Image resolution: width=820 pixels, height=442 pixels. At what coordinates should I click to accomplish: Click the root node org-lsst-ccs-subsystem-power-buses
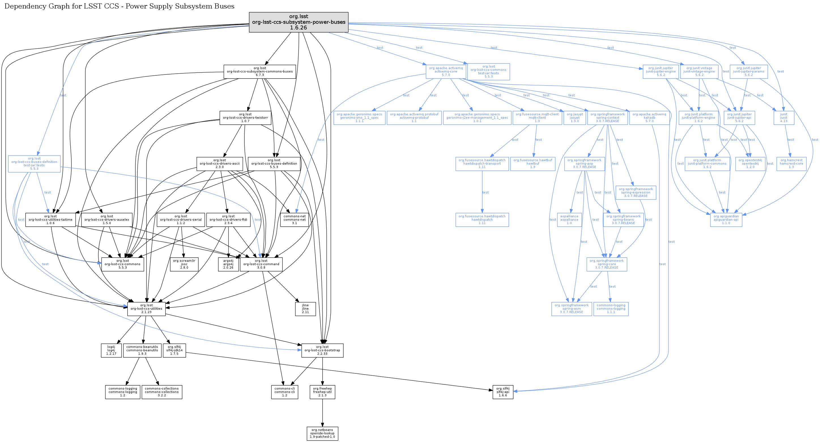click(x=298, y=22)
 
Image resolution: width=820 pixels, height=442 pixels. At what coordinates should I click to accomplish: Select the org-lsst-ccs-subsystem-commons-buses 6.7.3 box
click(x=260, y=72)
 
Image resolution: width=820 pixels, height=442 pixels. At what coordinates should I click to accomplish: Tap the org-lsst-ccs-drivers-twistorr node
click(x=245, y=118)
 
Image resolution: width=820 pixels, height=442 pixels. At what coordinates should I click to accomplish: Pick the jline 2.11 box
click(x=305, y=309)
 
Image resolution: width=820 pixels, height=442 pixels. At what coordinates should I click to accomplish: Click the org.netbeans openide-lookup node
click(x=322, y=433)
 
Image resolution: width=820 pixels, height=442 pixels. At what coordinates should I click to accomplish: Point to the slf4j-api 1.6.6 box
click(x=503, y=392)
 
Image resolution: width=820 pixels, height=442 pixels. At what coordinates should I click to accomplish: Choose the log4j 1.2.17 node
click(x=111, y=350)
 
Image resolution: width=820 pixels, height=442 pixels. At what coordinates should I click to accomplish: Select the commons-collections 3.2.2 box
click(x=162, y=392)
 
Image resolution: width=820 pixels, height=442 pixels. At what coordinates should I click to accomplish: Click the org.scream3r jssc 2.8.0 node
click(x=184, y=264)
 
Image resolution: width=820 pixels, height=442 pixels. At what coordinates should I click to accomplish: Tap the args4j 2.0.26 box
click(x=228, y=264)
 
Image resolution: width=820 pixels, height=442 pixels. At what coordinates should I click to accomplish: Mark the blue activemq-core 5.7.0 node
click(x=446, y=72)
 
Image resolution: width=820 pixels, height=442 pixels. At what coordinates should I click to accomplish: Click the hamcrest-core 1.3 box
click(x=791, y=164)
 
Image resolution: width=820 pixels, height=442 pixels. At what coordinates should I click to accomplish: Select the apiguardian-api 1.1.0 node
click(x=726, y=220)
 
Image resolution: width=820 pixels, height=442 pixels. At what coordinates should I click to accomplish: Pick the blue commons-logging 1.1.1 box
click(x=611, y=309)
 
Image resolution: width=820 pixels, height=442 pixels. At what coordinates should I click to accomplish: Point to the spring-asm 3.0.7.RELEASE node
click(x=571, y=309)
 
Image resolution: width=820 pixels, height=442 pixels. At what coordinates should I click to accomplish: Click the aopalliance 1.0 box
click(x=569, y=220)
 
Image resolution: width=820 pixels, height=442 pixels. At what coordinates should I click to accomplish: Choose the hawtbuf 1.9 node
click(x=533, y=164)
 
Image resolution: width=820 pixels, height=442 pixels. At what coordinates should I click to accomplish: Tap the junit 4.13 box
click(x=783, y=118)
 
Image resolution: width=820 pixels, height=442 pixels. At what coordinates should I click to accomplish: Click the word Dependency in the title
click(x=24, y=6)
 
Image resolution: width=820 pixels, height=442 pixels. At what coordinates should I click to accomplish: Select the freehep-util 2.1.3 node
click(x=322, y=392)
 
